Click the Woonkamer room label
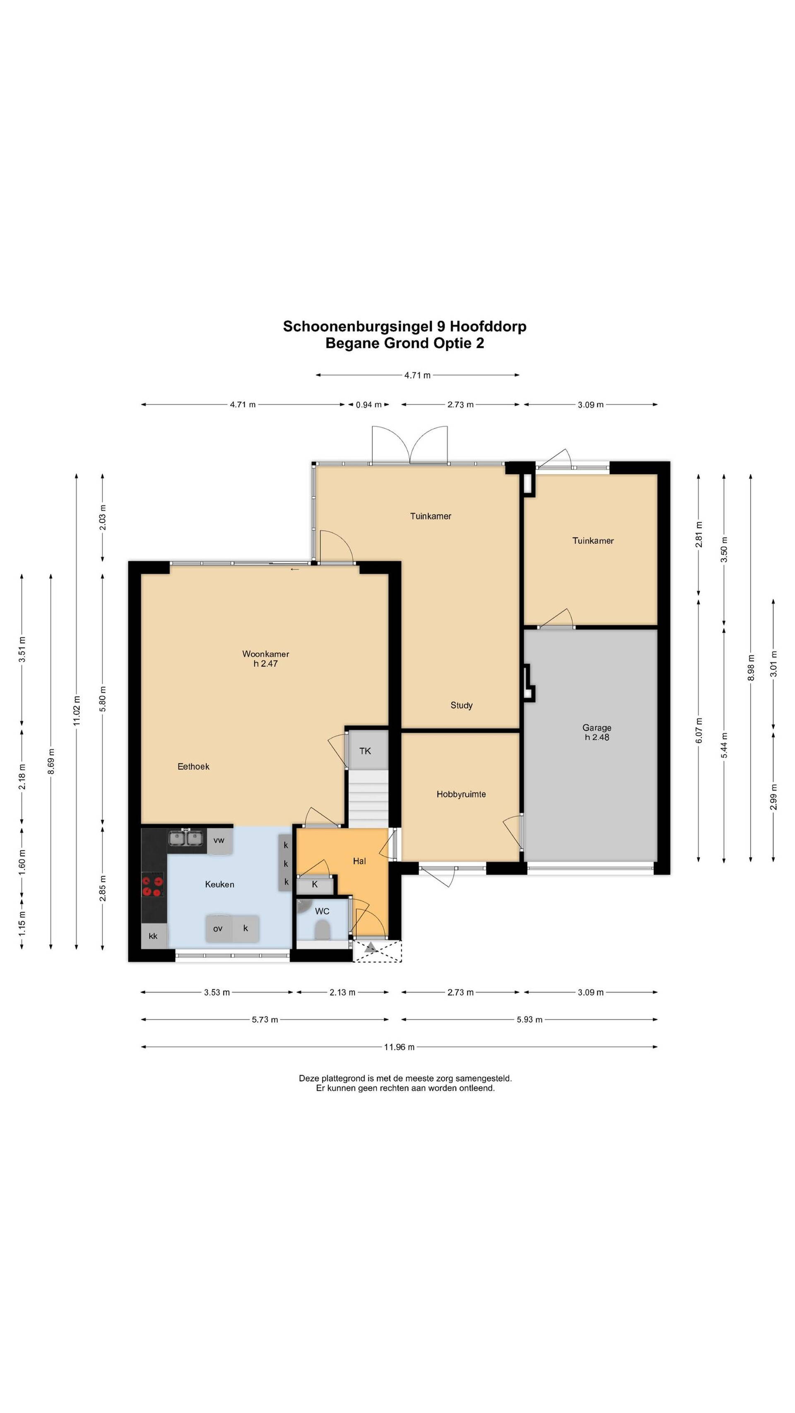[265, 654]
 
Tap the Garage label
[597, 728]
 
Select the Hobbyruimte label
[461, 794]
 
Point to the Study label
[461, 705]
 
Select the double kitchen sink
[186, 839]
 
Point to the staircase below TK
[369, 798]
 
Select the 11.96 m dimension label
[399, 1047]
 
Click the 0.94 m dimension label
[369, 405]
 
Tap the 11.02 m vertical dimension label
[77, 710]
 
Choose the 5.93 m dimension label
[529, 1020]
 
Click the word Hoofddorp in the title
[488, 326]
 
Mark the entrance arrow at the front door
[370, 946]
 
